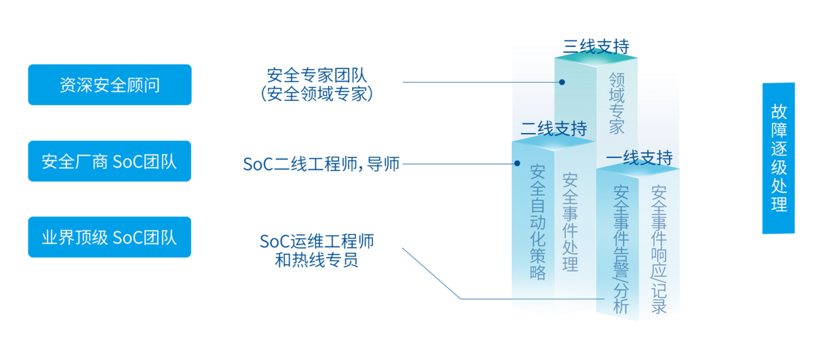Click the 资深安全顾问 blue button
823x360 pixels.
(x=110, y=85)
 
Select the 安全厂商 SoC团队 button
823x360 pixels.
(x=110, y=161)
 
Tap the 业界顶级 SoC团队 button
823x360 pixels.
(x=110, y=237)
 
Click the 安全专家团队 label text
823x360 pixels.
(x=316, y=74)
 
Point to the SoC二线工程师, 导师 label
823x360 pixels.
(x=321, y=164)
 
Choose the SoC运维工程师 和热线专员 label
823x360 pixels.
(x=316, y=250)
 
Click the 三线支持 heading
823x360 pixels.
(x=596, y=46)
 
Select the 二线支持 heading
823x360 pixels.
(x=553, y=128)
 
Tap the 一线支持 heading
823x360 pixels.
(x=639, y=158)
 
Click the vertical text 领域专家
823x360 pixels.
(x=616, y=102)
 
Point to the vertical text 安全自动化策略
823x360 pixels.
(x=537, y=222)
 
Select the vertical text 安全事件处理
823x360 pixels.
(x=570, y=222)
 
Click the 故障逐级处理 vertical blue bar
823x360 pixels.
(x=778, y=158)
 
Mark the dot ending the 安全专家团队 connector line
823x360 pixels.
(x=561, y=82)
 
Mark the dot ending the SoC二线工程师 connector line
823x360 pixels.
(x=517, y=164)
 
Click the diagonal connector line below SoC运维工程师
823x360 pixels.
(x=431, y=273)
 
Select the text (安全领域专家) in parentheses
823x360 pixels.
(x=316, y=94)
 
